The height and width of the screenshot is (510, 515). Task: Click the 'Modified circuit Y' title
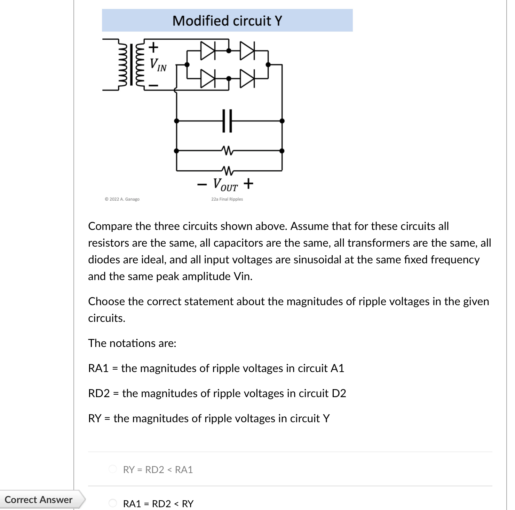coord(227,21)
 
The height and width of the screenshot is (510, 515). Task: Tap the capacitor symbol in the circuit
coord(227,121)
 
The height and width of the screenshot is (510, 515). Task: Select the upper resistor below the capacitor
coord(227,151)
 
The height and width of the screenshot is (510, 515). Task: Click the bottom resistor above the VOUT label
coord(227,171)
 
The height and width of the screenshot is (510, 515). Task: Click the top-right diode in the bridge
coord(247,51)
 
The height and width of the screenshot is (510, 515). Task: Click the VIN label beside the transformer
coord(158,65)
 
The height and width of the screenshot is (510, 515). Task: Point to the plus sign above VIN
coord(153,46)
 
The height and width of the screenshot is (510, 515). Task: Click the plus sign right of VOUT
coord(248,183)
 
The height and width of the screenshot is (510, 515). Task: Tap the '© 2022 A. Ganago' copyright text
coord(122,199)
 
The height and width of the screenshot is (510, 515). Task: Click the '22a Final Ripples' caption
coord(227,199)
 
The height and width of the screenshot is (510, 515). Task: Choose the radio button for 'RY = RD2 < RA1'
coord(113,469)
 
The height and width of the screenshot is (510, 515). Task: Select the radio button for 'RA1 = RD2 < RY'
coord(113,503)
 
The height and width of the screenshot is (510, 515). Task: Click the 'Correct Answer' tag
coord(39,500)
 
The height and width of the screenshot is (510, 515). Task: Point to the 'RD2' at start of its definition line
coord(99,393)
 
